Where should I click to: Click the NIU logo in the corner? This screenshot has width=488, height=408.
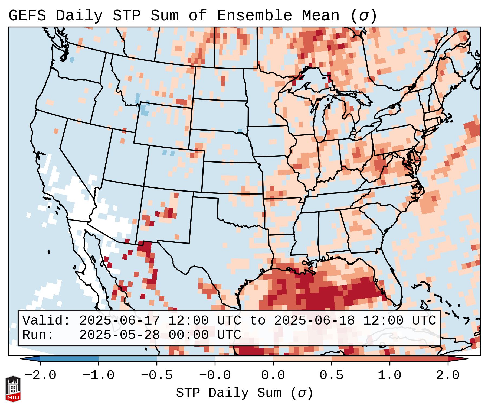[13, 389]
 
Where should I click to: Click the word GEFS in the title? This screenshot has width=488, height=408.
[27, 16]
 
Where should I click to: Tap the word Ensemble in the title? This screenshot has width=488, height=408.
[254, 16]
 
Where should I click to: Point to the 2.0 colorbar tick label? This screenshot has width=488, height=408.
[448, 375]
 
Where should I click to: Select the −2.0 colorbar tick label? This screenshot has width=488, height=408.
[40, 375]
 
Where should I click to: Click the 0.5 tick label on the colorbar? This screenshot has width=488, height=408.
[331, 375]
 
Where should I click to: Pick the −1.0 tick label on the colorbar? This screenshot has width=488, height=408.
[99, 375]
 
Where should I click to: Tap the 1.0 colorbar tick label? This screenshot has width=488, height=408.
[389, 375]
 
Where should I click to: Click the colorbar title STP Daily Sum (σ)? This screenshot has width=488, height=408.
[244, 393]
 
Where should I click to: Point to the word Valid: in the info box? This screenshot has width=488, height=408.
[46, 320]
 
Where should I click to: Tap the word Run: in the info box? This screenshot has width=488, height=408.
[38, 335]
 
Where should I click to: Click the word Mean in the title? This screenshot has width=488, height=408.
[320, 16]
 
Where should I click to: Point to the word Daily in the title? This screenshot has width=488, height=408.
[79, 16]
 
